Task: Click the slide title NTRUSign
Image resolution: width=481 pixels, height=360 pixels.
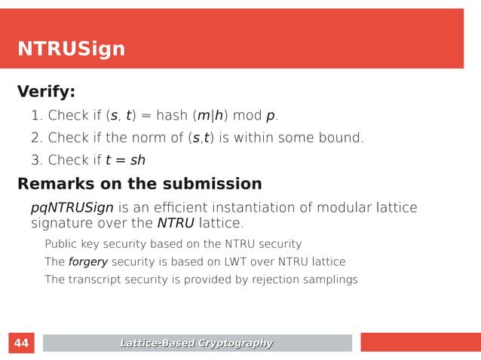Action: pyautogui.click(x=71, y=50)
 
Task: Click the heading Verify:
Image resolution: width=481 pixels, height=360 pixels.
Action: pyautogui.click(x=46, y=93)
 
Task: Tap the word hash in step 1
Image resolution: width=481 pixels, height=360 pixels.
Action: pyautogui.click(x=184, y=116)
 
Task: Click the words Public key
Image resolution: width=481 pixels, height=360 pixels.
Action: pyautogui.click(x=77, y=244)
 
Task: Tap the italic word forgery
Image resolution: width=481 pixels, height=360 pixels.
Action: pyautogui.click(x=88, y=262)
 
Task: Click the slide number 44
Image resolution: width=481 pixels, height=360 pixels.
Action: pyautogui.click(x=22, y=343)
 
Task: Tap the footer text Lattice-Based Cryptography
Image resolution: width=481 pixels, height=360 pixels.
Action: pyautogui.click(x=197, y=343)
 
